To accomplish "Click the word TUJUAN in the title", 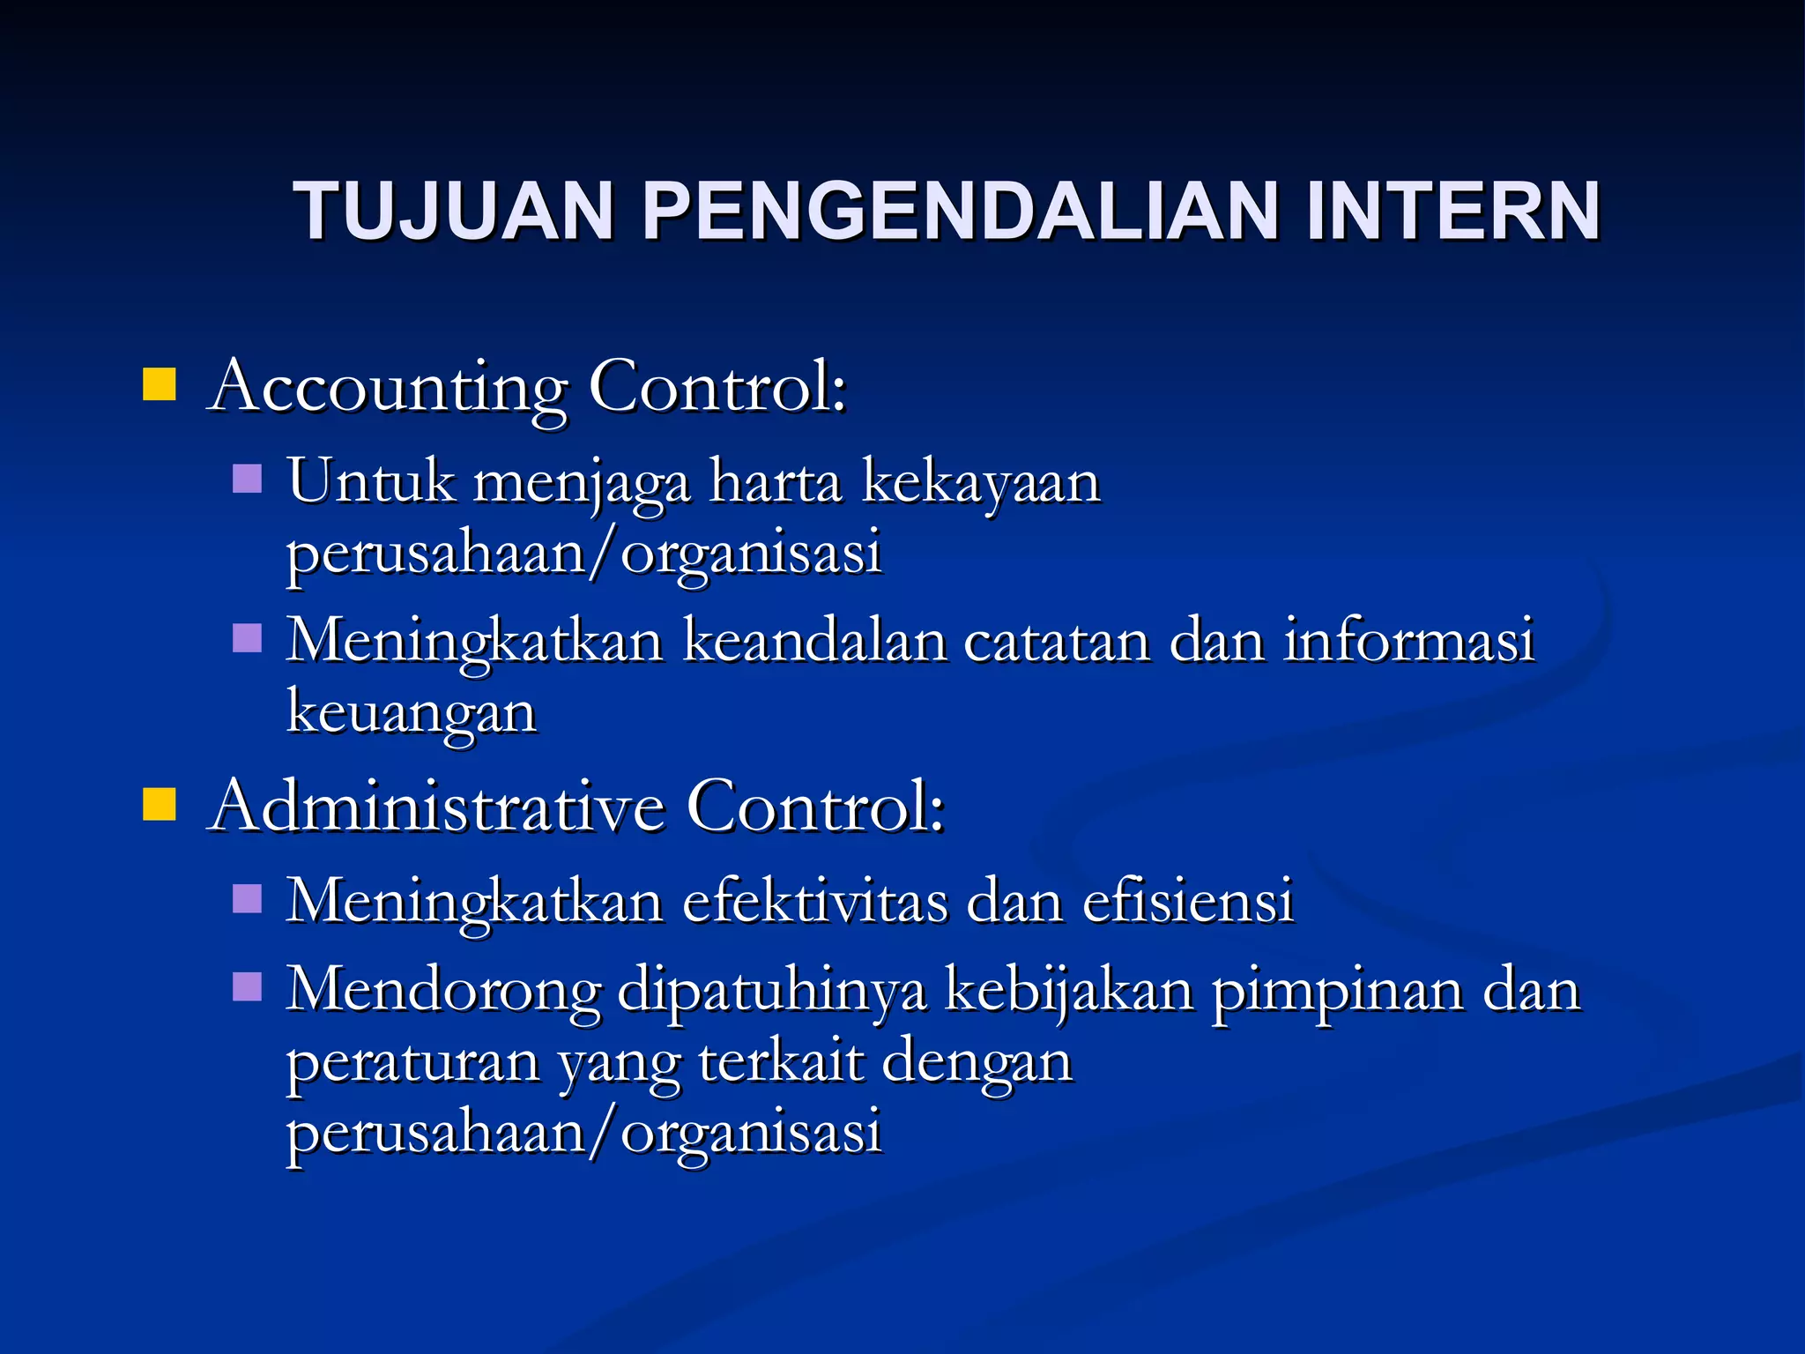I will [453, 212].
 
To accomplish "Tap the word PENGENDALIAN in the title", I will [961, 212].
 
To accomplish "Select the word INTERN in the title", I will [1452, 212].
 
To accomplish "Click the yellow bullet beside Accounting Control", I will [160, 384].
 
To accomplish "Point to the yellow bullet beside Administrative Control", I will [160, 804].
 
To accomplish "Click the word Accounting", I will [388, 388].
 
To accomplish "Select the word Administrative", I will [437, 806].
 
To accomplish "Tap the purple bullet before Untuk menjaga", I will [248, 479].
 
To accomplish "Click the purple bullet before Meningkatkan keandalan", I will [248, 637].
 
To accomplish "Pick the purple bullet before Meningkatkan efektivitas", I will [248, 899].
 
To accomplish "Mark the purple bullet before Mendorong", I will [248, 987].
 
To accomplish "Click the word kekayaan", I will [980, 484].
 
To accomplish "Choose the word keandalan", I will [814, 641].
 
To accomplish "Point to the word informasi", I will [1408, 641].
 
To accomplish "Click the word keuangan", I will [412, 713].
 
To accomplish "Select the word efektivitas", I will [814, 902].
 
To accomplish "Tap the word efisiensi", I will [1187, 902].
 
